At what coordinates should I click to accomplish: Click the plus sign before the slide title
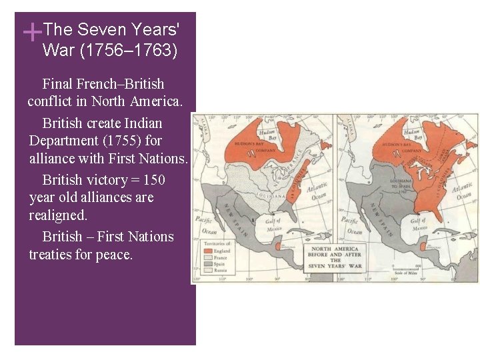[31, 31]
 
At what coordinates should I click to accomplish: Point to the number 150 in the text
[153, 180]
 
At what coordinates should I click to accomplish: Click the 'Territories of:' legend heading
[218, 243]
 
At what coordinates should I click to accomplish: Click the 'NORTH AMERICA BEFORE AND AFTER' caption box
[335, 257]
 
